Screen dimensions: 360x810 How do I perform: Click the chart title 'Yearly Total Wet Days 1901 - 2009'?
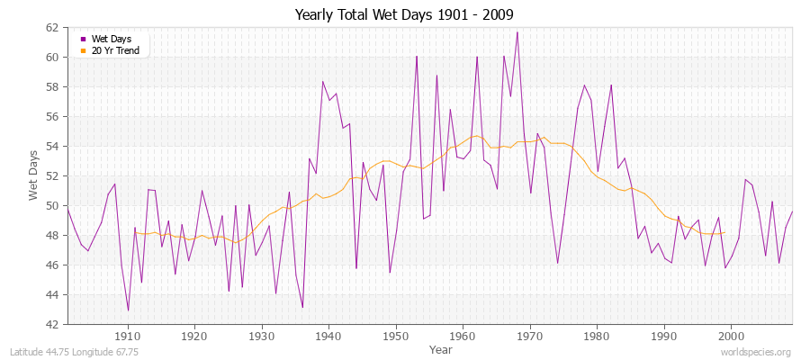click(x=404, y=15)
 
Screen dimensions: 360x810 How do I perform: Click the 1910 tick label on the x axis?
click(x=127, y=336)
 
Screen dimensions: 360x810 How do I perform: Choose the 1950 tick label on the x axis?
click(x=394, y=336)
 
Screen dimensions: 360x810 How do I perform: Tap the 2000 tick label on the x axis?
click(x=730, y=336)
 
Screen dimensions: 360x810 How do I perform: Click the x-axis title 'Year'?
click(x=441, y=348)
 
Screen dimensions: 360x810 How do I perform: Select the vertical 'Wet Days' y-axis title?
click(x=33, y=176)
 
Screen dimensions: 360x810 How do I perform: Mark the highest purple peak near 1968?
click(x=517, y=32)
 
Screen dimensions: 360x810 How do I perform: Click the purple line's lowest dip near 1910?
click(x=128, y=310)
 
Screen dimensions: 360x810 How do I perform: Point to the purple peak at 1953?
click(x=417, y=56)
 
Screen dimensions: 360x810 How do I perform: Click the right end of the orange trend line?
click(x=724, y=232)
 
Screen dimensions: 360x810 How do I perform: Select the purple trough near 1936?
click(x=302, y=308)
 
